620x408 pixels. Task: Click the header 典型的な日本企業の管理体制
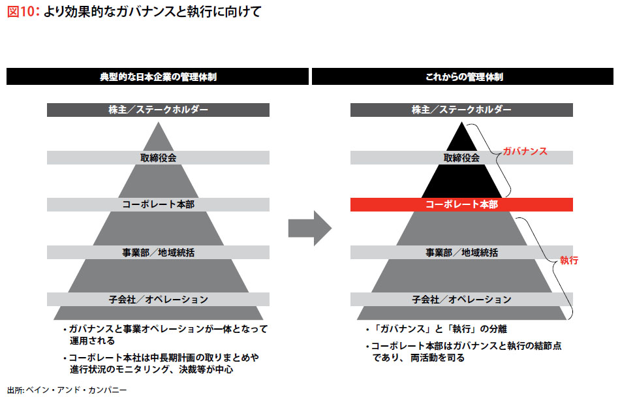157,77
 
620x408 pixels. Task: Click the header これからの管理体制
463,77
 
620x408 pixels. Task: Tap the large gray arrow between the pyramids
309,228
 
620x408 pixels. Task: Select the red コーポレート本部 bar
461,205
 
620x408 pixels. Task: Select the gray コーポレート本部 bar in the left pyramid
158,204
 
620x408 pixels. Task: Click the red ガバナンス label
524,151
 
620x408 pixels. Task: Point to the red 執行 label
569,260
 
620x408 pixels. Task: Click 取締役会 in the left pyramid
158,157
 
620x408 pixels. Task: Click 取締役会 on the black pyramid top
461,157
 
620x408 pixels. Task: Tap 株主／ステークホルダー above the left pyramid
158,110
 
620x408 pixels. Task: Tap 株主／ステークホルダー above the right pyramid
461,110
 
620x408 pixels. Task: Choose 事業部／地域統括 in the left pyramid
158,252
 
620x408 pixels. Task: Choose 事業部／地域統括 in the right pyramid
461,252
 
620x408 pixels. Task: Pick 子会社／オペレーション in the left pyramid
158,300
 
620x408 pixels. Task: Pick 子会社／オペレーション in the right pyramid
461,300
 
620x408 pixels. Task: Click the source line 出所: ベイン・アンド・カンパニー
67,390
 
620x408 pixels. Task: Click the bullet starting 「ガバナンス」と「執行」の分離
444,329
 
